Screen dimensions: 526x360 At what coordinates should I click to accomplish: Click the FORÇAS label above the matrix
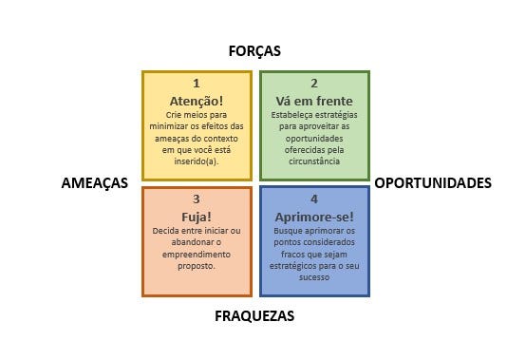point(254,51)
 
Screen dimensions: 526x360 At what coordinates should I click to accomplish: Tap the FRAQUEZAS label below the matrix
point(254,316)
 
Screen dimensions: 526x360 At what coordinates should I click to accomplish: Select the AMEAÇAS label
point(95,183)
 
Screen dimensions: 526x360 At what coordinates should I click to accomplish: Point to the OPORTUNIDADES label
point(433,183)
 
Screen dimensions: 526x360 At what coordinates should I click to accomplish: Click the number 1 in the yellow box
point(197,84)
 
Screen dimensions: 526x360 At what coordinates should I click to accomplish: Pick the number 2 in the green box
point(314,84)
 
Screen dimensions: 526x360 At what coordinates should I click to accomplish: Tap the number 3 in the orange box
point(197,199)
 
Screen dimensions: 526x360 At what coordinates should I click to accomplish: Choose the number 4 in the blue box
point(314,199)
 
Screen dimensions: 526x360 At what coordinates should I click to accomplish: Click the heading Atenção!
point(197,101)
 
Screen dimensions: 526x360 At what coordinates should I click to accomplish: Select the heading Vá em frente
point(314,101)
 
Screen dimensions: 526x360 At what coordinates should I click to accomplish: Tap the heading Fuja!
point(197,218)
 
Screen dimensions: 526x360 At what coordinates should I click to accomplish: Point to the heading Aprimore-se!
point(314,218)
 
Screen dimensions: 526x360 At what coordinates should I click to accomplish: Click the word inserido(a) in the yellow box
point(197,161)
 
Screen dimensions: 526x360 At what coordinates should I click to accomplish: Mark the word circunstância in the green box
point(314,161)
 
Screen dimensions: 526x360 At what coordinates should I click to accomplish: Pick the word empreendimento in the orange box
point(197,255)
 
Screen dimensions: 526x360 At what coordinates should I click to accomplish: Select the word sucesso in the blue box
point(314,277)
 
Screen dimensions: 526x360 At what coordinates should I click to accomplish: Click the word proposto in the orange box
point(196,266)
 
